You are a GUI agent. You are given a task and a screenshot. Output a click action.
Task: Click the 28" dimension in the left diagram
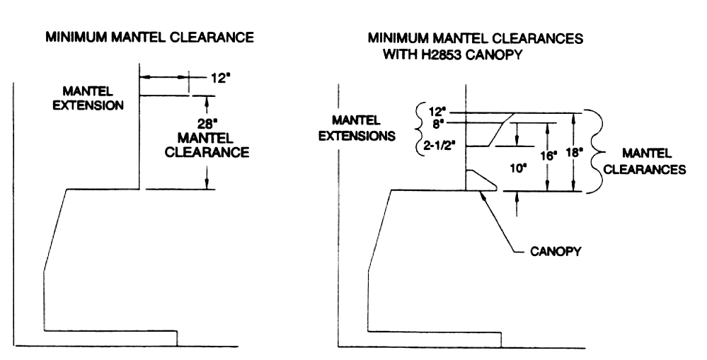pyautogui.click(x=207, y=124)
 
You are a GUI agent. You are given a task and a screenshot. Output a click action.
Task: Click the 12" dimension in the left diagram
pyautogui.click(x=221, y=78)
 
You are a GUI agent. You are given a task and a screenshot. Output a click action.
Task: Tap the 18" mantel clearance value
pyautogui.click(x=575, y=153)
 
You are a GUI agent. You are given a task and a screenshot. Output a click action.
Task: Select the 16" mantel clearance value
pyautogui.click(x=549, y=156)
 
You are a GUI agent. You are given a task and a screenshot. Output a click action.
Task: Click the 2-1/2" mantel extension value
pyautogui.click(x=440, y=146)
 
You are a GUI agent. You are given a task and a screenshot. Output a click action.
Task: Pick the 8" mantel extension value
pyautogui.click(x=437, y=124)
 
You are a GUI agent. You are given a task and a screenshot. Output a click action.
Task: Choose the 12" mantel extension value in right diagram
pyautogui.click(x=437, y=112)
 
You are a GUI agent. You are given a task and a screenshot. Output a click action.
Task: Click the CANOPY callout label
pyautogui.click(x=556, y=251)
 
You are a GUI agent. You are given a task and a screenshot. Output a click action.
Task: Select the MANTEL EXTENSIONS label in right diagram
pyautogui.click(x=357, y=128)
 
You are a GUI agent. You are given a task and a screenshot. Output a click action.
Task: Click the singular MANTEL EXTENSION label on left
pyautogui.click(x=88, y=98)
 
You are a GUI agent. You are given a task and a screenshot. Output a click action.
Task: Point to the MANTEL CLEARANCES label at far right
pyautogui.click(x=645, y=161)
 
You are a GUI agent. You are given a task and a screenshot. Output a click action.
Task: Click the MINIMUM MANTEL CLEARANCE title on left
pyautogui.click(x=150, y=37)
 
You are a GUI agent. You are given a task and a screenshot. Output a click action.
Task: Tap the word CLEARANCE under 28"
pyautogui.click(x=207, y=152)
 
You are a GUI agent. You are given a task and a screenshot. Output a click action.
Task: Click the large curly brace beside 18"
pyautogui.click(x=593, y=151)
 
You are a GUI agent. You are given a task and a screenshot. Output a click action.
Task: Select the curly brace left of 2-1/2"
pyautogui.click(x=418, y=129)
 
